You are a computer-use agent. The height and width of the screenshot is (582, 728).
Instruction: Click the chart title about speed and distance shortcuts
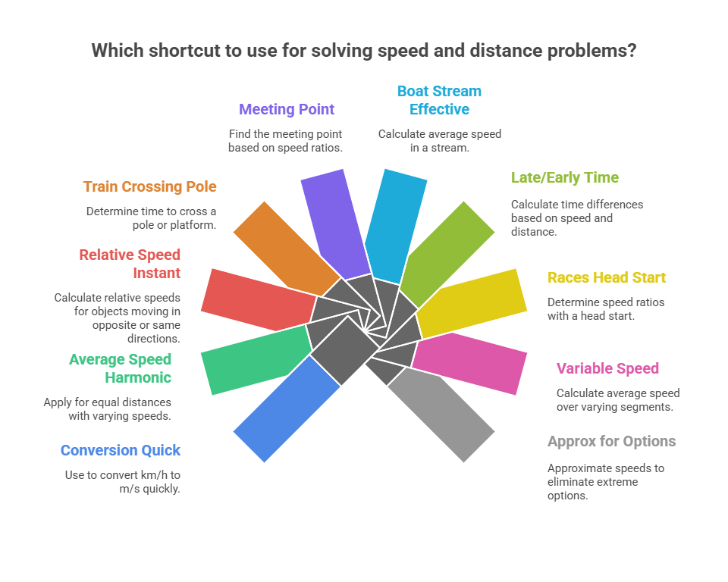click(363, 51)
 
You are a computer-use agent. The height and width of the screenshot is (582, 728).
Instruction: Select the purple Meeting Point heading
click(287, 109)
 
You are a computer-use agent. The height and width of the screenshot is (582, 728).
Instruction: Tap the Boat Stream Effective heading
click(439, 100)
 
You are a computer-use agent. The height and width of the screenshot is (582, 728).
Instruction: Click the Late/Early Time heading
click(564, 178)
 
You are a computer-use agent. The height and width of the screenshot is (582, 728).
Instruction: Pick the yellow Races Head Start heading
click(607, 277)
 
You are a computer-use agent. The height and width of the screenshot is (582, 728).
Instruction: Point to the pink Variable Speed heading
click(607, 369)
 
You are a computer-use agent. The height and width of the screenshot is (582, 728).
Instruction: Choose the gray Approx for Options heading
click(611, 441)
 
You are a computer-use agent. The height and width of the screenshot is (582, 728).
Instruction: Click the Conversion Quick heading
click(121, 450)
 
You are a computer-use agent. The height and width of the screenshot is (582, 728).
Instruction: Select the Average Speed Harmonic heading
click(121, 368)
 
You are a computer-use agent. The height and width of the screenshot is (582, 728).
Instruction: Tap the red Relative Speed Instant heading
click(130, 264)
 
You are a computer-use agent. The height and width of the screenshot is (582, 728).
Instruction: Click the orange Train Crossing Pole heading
click(149, 186)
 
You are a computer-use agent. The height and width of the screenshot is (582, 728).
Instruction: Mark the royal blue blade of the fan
click(284, 409)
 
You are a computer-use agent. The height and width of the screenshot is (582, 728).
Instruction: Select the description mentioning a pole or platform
click(151, 218)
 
